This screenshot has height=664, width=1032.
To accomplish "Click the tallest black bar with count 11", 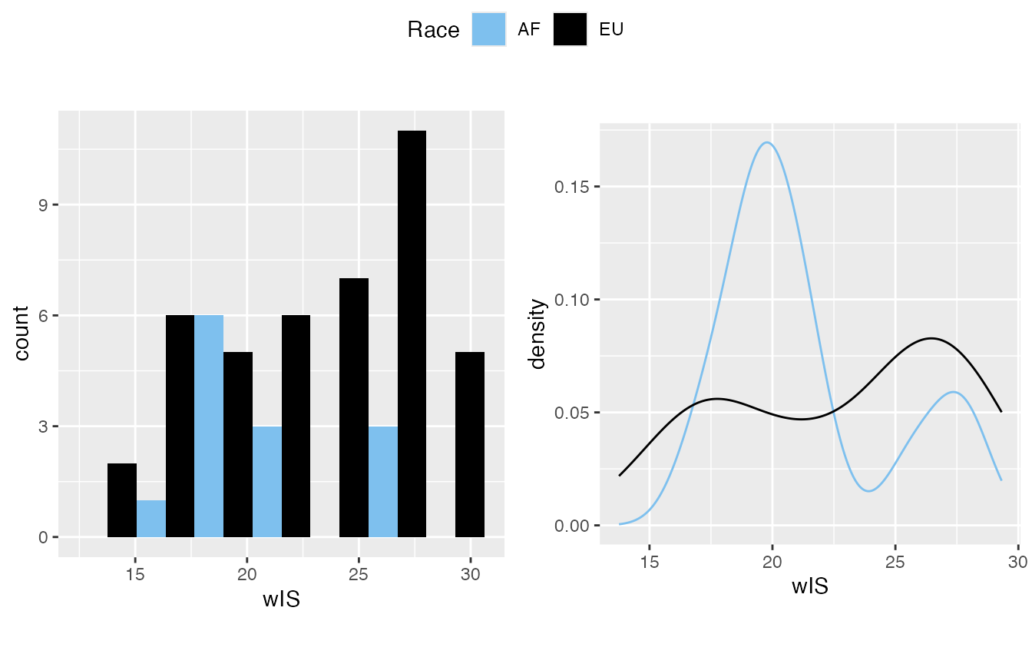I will click(412, 334).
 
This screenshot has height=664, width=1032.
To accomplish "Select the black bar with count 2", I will click(122, 500).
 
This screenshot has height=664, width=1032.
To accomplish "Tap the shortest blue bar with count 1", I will click(151, 518).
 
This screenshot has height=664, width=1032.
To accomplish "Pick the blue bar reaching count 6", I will click(209, 426).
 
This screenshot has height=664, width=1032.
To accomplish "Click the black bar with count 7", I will click(354, 407).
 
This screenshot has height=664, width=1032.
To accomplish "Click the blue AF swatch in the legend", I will click(488, 29).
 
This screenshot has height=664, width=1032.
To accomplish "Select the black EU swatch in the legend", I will click(570, 29).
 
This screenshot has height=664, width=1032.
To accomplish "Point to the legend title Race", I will click(433, 30).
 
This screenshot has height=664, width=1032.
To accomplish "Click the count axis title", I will click(21, 333).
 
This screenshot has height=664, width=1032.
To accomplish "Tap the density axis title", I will click(537, 334).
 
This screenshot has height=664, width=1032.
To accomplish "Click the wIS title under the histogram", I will click(281, 599).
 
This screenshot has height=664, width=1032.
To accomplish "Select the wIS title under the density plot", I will click(810, 586).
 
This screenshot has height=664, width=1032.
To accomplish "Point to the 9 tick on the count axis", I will click(43, 205).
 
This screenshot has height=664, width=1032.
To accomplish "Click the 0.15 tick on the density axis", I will click(571, 187).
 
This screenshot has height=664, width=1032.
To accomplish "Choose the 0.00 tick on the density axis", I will click(571, 526).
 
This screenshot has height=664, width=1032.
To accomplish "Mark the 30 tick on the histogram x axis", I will click(470, 574).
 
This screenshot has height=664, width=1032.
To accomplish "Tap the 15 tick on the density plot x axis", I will click(650, 562).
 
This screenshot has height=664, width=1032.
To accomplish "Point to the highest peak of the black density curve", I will click(931, 338).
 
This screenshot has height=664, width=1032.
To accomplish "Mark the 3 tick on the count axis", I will click(43, 427).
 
